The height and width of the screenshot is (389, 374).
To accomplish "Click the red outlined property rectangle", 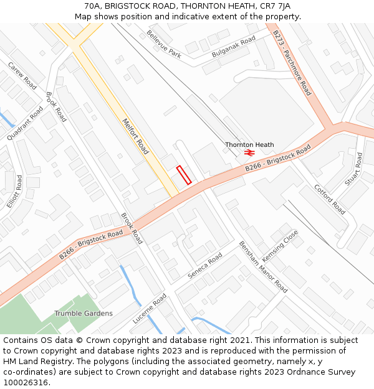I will pyautogui.click(x=183, y=175).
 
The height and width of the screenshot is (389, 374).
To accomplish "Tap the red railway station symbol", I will pyautogui.click(x=249, y=152).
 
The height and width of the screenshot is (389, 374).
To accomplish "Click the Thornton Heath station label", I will pyautogui.click(x=249, y=144).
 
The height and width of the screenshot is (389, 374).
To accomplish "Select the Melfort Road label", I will pyautogui.click(x=135, y=136).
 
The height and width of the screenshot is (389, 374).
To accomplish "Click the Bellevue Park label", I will pyautogui.click(x=164, y=44).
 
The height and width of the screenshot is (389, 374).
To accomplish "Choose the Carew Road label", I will pyautogui.click(x=22, y=75).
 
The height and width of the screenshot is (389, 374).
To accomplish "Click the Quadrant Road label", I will pyautogui.click(x=26, y=123).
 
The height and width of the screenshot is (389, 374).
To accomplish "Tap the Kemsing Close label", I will pyautogui.click(x=280, y=246).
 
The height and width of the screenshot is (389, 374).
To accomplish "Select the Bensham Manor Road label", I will pyautogui.click(x=263, y=267).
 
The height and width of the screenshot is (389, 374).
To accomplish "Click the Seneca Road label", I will pyautogui.click(x=205, y=266).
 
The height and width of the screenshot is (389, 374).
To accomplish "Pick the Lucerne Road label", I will pyautogui.click(x=149, y=308).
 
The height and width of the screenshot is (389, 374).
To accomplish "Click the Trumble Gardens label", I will pyautogui.click(x=84, y=313).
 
